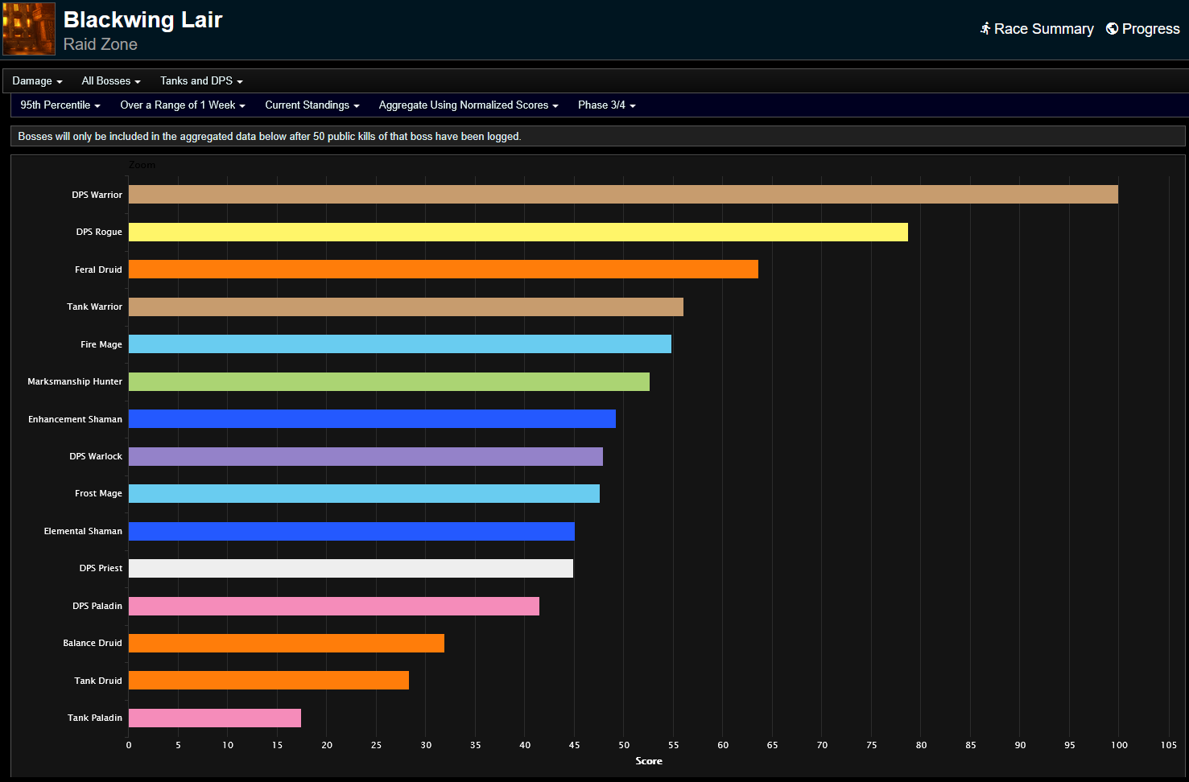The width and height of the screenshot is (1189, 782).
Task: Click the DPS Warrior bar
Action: tap(623, 194)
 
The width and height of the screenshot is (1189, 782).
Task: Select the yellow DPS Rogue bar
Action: tap(518, 232)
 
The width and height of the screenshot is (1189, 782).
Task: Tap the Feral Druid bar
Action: tap(443, 270)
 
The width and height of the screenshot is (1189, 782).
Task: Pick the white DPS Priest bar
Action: tap(350, 568)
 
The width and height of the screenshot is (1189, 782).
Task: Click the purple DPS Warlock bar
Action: tap(365, 456)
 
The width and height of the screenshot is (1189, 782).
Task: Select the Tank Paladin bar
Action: tap(214, 718)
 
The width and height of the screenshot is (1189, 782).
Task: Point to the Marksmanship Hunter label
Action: tap(75, 381)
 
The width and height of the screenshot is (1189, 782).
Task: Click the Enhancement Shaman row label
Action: tap(75, 419)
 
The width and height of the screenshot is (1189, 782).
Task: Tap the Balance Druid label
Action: tap(93, 643)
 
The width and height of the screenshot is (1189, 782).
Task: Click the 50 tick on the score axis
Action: tap(624, 745)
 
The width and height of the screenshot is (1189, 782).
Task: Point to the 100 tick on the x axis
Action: tap(1119, 745)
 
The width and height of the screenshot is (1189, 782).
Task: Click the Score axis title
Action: tap(649, 761)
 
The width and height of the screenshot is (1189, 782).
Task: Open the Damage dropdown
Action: tap(37, 81)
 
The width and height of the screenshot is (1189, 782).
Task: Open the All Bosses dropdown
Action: tap(111, 81)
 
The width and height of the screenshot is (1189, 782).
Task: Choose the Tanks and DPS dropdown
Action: tap(201, 81)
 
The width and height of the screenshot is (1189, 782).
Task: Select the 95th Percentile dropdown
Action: tap(60, 105)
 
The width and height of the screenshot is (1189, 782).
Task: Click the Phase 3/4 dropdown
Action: tap(606, 105)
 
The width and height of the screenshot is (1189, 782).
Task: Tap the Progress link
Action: tap(1143, 29)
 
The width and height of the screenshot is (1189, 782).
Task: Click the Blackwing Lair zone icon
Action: tap(29, 29)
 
